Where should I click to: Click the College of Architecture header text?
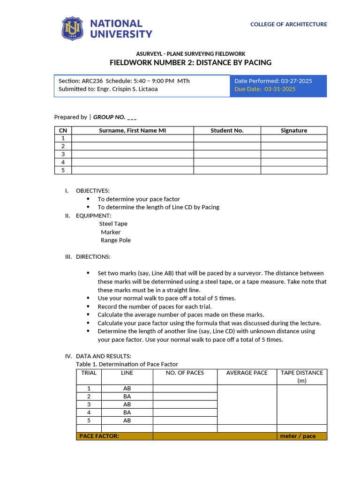pyautogui.click(x=288, y=24)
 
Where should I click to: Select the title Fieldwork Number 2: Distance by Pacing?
pyautogui.click(x=190, y=62)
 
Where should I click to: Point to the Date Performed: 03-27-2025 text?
pyautogui.click(x=273, y=81)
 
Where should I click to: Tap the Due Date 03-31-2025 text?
pyautogui.click(x=265, y=89)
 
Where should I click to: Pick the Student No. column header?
pyautogui.click(x=227, y=130)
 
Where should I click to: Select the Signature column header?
pyautogui.click(x=293, y=130)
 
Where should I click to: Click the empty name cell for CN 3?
pyautogui.click(x=132, y=154)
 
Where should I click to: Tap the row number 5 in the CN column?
pyautogui.click(x=63, y=170)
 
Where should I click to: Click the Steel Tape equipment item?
pyautogui.click(x=113, y=224)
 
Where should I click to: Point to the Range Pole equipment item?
pyautogui.click(x=115, y=240)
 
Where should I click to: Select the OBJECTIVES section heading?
pyautogui.click(x=92, y=190)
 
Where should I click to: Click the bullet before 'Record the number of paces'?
pyautogui.click(x=89, y=307)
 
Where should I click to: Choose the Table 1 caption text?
pyautogui.click(x=127, y=364)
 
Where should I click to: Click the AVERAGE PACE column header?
pyautogui.click(x=247, y=373)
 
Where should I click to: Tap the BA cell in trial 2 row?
pyautogui.click(x=127, y=396)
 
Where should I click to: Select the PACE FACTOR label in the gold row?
pyautogui.click(x=99, y=436)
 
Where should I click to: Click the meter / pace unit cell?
pyautogui.click(x=298, y=436)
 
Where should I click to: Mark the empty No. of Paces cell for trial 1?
pyautogui.click(x=185, y=389)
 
